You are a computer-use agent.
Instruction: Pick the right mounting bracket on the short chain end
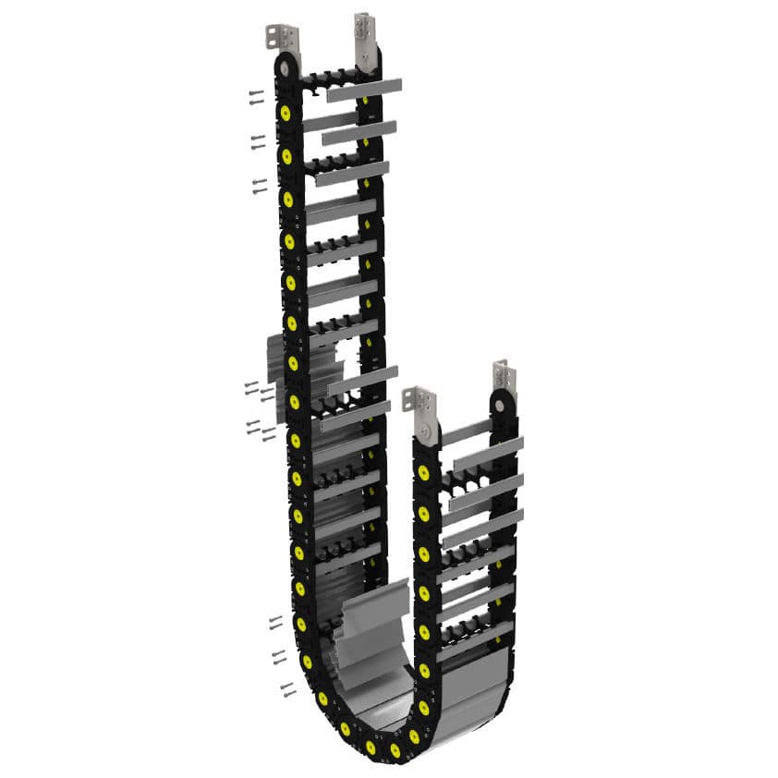pos(504,377)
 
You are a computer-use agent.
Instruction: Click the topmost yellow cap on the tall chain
pos(286,113)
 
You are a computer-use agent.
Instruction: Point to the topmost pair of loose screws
pos(256,96)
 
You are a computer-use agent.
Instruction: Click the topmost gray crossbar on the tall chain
pos(364,90)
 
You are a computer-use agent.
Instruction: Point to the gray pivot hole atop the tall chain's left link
pos(285,67)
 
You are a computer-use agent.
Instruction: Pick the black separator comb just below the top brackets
pos(333,78)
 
